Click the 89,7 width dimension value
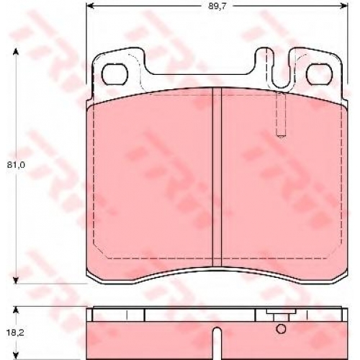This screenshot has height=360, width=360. [x=217, y=6]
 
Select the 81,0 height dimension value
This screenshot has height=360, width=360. [x=16, y=165]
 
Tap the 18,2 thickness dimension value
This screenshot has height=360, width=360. [x=16, y=333]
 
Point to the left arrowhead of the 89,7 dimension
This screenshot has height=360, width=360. [x=89, y=5]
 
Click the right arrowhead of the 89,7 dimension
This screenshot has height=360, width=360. [x=344, y=5]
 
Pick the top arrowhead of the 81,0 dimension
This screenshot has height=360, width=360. [x=16, y=51]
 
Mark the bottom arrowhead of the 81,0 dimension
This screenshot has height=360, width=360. [x=16, y=280]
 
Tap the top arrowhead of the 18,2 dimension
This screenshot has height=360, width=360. [x=16, y=310]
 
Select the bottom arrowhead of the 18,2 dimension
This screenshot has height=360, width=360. [x=16, y=356]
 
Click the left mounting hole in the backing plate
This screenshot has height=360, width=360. [x=114, y=74]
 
